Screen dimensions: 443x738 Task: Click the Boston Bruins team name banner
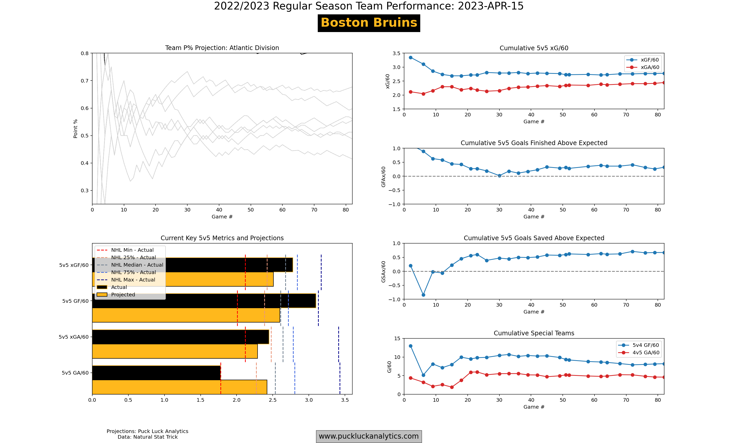pos(369,23)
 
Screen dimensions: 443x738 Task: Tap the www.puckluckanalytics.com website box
pos(369,436)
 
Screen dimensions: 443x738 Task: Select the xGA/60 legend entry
pos(650,67)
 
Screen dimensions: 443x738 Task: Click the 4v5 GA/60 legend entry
pos(646,353)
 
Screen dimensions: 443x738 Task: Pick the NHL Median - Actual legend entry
pos(137,265)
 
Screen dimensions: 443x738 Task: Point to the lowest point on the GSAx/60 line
pos(423,295)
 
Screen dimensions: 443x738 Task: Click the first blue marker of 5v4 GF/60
pos(411,346)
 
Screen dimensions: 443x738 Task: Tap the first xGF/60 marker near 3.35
pos(411,58)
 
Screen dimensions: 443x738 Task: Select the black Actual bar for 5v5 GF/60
pos(204,301)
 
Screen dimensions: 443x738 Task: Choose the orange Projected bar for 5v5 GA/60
pos(179,387)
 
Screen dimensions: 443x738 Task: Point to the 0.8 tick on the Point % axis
pos(85,53)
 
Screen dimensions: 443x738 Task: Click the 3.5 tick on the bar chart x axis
pos(345,400)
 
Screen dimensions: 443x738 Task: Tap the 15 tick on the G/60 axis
pos(397,338)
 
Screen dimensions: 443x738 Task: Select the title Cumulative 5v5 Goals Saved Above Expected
pos(534,238)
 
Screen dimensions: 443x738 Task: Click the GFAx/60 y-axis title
pos(383,177)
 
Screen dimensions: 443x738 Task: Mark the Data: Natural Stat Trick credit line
pos(147,437)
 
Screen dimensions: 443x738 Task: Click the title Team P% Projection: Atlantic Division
pos(222,48)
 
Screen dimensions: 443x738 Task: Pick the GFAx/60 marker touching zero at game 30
pos(499,176)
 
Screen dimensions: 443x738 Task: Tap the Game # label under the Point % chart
pos(222,217)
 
